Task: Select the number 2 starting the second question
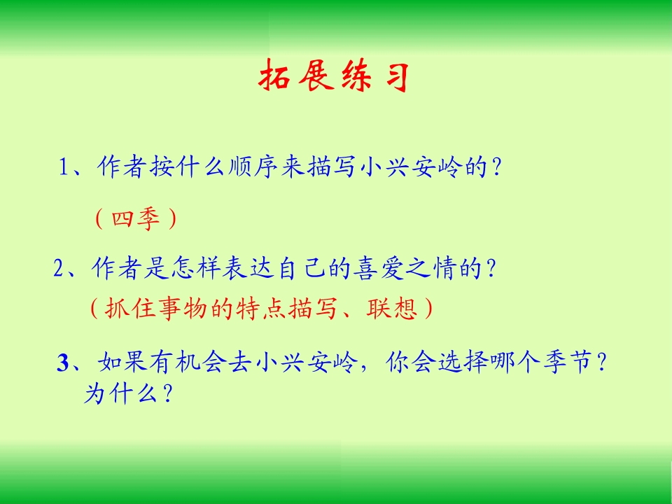[x=59, y=269]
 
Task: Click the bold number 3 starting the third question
[x=64, y=363]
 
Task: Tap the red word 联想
[x=384, y=308]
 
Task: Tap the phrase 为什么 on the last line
[x=120, y=394]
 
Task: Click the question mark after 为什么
[x=167, y=394]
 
